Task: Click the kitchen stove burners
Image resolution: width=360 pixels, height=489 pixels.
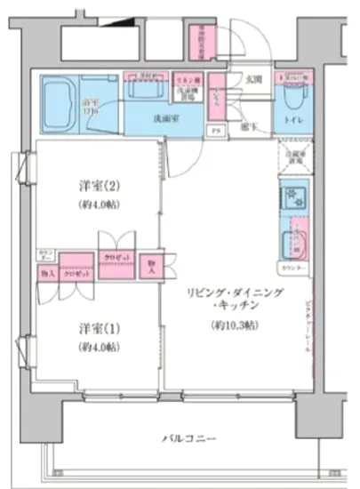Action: tap(293, 196)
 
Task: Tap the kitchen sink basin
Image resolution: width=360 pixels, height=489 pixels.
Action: tap(293, 238)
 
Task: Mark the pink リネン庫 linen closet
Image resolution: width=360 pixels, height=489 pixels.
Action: tap(185, 78)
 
